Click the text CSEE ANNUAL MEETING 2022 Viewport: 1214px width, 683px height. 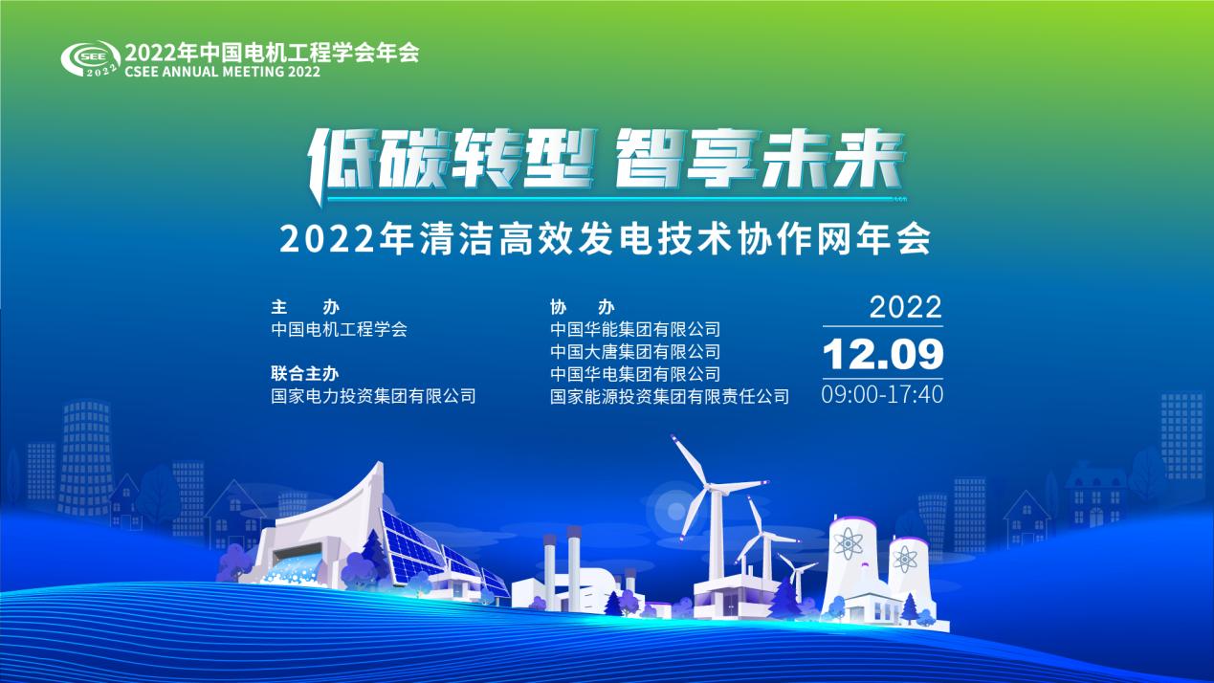point(222,72)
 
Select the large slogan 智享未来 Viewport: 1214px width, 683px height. point(759,159)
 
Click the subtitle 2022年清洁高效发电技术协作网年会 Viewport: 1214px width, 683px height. point(606,238)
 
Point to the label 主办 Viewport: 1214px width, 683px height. point(305,307)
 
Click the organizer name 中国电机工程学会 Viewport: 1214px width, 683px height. point(340,330)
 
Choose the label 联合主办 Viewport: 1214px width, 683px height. point(305,373)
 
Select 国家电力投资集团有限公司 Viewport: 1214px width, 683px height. point(373,396)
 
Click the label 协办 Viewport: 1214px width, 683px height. point(583,307)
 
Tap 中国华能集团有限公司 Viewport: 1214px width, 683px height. point(635,330)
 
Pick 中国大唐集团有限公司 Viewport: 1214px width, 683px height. point(635,352)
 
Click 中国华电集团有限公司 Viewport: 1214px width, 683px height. point(635,374)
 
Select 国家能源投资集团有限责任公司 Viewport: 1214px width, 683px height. point(670,397)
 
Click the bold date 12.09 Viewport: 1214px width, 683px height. point(883,355)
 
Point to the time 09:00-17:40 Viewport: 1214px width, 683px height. point(882,394)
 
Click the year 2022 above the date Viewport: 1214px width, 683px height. point(906,307)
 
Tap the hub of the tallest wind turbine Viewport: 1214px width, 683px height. point(714,489)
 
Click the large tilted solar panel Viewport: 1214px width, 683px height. point(412,544)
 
